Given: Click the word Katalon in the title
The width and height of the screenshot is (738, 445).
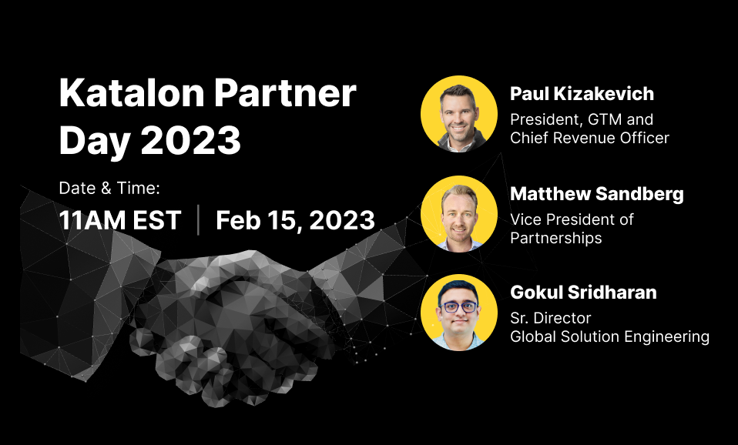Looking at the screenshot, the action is pyautogui.click(x=132, y=92).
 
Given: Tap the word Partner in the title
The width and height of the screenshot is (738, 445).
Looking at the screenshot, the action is pyautogui.click(x=286, y=92).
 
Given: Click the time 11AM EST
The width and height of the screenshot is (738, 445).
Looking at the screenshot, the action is pyautogui.click(x=120, y=220).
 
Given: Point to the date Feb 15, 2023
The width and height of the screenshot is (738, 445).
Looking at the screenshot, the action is pyautogui.click(x=296, y=220).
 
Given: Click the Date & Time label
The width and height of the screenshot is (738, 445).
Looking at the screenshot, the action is pyautogui.click(x=109, y=188).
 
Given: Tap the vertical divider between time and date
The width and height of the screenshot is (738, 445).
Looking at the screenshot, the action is pyautogui.click(x=198, y=219).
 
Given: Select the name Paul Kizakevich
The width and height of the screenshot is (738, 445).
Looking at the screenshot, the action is pyautogui.click(x=582, y=94).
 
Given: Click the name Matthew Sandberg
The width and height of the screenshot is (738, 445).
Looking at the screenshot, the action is pyautogui.click(x=597, y=194).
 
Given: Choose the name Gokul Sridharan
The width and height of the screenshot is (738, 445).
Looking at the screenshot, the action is pyautogui.click(x=583, y=292).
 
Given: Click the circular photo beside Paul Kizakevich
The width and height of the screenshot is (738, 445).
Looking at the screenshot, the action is pyautogui.click(x=459, y=114).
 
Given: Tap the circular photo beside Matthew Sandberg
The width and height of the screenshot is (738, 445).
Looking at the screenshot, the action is pyautogui.click(x=459, y=214).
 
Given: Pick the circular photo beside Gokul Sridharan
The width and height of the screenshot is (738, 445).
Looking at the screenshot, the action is pyautogui.click(x=459, y=313).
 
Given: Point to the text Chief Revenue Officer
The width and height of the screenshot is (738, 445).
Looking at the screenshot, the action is pyautogui.click(x=589, y=138).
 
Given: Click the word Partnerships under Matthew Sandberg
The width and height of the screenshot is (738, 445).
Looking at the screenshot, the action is pyautogui.click(x=556, y=238).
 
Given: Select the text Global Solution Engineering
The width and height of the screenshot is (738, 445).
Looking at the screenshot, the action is pyautogui.click(x=609, y=336).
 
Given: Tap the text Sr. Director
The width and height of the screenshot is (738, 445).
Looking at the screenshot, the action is pyautogui.click(x=550, y=319).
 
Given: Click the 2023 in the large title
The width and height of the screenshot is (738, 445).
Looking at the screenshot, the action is pyautogui.click(x=190, y=139).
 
